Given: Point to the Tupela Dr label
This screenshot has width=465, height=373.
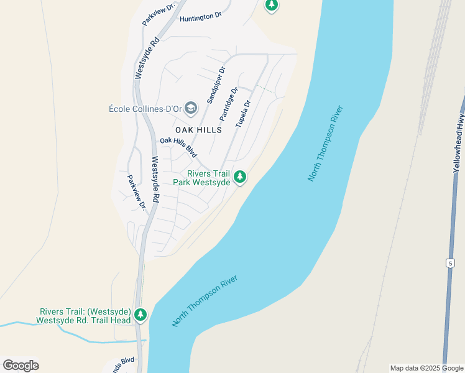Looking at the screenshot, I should click(x=243, y=114).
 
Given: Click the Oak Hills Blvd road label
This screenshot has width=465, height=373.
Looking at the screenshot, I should click(x=178, y=147).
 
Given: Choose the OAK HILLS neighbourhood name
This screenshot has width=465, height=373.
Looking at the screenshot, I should click(x=198, y=129).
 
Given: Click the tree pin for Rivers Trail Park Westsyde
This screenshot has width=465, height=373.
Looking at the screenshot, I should click(x=240, y=178).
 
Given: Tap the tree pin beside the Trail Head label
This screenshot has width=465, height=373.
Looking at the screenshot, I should click(x=141, y=315).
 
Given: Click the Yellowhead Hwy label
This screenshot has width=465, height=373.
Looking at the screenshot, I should click(x=458, y=145).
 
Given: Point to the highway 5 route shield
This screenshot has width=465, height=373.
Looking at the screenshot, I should click(x=449, y=264).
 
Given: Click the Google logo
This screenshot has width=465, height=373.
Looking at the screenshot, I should click(x=21, y=366).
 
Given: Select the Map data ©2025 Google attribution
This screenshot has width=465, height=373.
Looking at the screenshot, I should click(x=426, y=368).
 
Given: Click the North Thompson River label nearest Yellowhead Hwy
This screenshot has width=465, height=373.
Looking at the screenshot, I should click(x=325, y=144).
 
